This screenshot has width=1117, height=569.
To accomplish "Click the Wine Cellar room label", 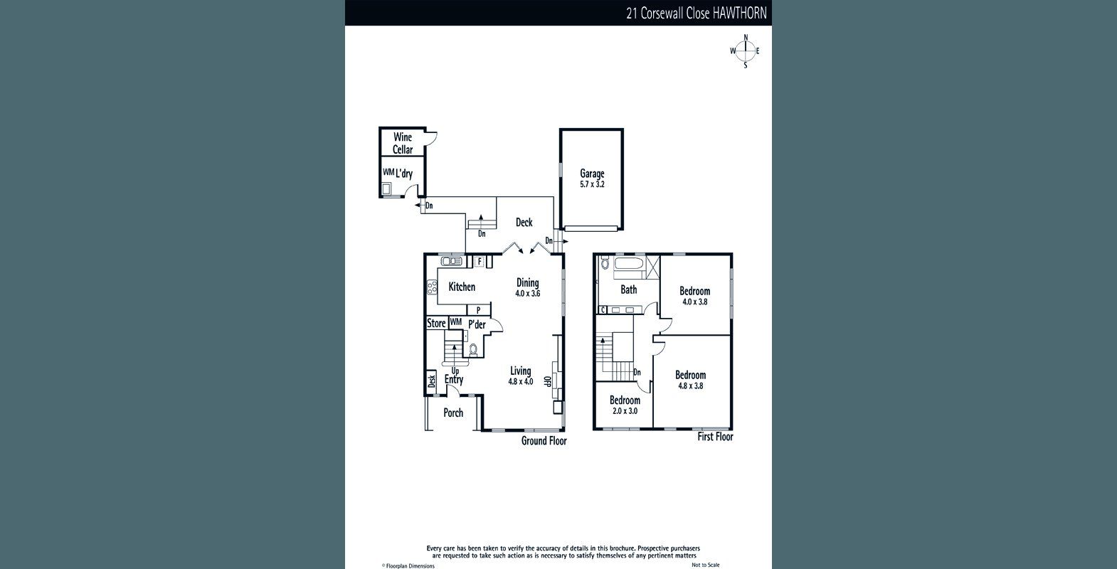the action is [x=403, y=143].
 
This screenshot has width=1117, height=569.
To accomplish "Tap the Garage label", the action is [x=592, y=174].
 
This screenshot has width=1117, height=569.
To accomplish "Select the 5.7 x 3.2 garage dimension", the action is [x=592, y=184].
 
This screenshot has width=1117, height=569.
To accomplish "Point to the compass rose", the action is [x=746, y=51].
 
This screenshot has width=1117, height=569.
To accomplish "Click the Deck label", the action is [x=524, y=223].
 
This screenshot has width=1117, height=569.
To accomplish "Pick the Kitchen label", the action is [x=462, y=287].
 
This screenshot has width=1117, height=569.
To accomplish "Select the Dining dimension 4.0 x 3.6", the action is [x=528, y=294].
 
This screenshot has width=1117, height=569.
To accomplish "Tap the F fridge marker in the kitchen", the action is [x=480, y=261].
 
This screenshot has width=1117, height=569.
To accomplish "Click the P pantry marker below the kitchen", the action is [x=478, y=310].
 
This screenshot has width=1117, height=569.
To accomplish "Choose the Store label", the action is [x=436, y=323].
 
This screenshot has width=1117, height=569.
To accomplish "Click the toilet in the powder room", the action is [x=473, y=349].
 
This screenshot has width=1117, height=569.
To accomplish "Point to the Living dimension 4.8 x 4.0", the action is [x=521, y=382].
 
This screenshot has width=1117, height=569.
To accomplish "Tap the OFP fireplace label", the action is [x=546, y=381].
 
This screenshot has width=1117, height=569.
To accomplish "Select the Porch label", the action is [x=453, y=413].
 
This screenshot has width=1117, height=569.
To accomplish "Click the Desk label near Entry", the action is [x=432, y=381].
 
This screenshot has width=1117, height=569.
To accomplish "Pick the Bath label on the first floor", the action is [x=628, y=289].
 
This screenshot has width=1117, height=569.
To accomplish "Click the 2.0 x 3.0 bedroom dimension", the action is [x=625, y=411].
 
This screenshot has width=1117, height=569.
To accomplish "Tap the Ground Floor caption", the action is [x=544, y=441].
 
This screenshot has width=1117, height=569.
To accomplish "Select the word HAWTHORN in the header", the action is [x=739, y=14].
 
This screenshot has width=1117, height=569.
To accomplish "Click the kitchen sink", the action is [x=452, y=261].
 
